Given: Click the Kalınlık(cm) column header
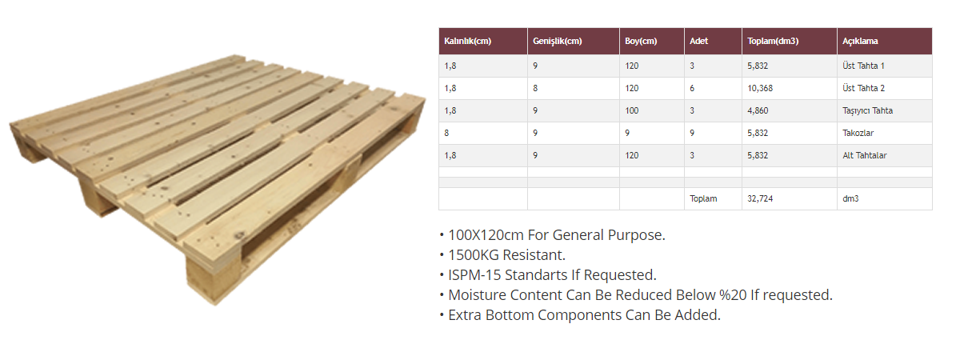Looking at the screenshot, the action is (x=467, y=41).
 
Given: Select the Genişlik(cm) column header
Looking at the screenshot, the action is (x=557, y=41).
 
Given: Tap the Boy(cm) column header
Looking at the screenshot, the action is (x=641, y=41).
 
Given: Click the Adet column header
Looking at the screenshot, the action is (x=698, y=41).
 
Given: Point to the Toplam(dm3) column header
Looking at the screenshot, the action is (x=773, y=41).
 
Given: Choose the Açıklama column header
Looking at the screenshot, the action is (x=860, y=41).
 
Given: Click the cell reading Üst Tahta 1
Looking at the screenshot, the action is (x=863, y=66).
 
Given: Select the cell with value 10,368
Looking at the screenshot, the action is (x=760, y=88).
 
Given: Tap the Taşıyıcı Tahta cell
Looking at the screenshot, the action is (x=867, y=110).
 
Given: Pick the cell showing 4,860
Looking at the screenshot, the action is (x=758, y=110).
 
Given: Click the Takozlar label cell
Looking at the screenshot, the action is (x=858, y=133).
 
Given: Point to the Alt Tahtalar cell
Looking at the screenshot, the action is (x=865, y=155).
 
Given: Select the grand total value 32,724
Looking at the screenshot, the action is (x=760, y=198).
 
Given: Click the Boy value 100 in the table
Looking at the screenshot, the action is (x=632, y=110).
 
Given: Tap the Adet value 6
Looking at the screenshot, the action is (x=692, y=88).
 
